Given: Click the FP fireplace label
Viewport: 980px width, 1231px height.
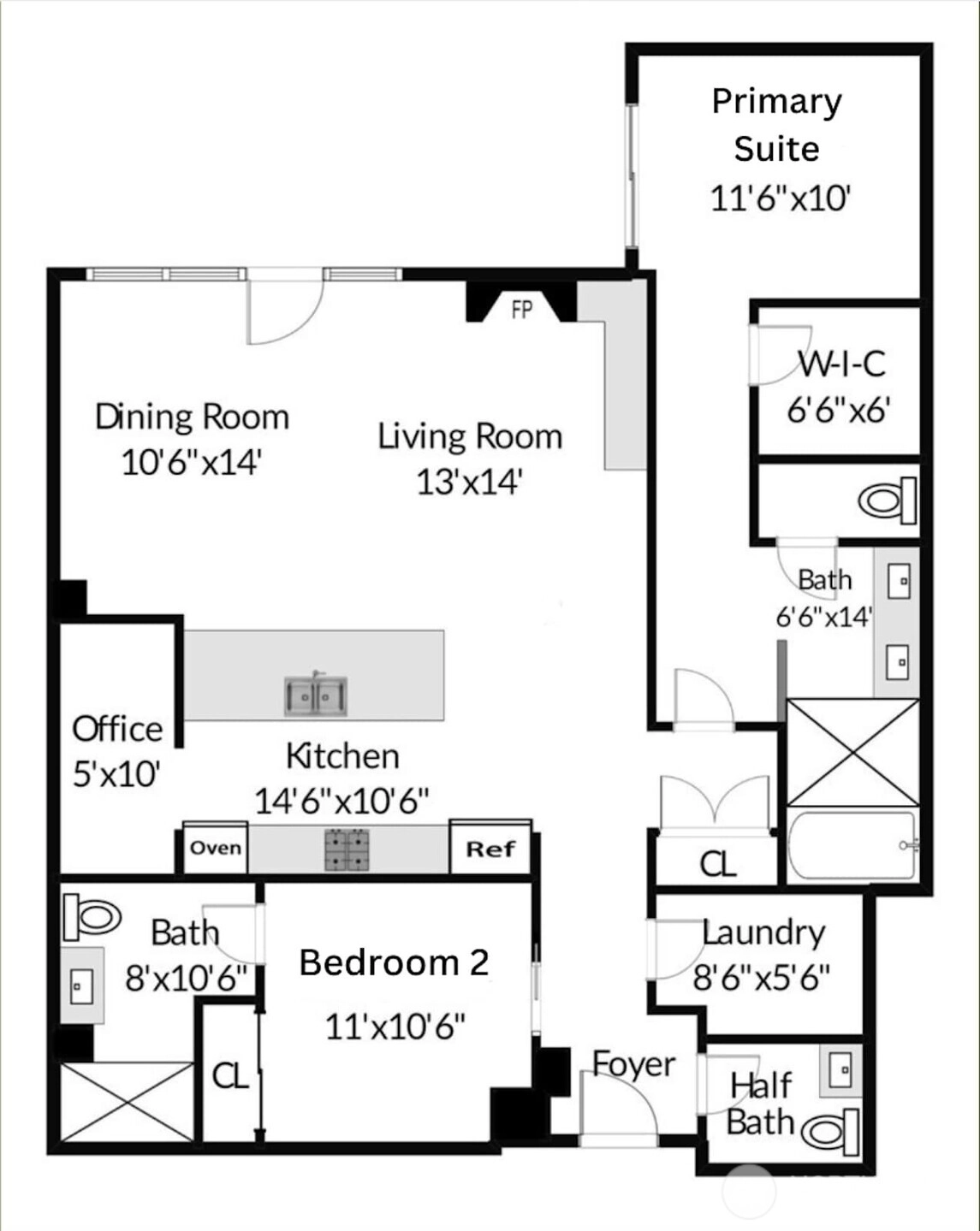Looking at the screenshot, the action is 521,310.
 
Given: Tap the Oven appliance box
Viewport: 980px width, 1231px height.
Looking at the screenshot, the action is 215,847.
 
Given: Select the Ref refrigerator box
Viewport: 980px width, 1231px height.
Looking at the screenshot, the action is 490,847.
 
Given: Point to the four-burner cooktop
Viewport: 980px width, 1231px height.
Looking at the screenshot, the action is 347,849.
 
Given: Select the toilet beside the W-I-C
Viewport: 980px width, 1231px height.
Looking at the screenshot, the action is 887,500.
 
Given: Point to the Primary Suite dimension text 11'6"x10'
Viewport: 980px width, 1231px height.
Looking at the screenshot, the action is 781,199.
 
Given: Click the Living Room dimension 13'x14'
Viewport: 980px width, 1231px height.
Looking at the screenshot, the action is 469,482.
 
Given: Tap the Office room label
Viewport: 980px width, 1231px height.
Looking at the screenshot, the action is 117,730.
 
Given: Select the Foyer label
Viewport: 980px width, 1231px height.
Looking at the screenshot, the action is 633,1064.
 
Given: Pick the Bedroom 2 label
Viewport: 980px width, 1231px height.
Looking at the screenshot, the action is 394,962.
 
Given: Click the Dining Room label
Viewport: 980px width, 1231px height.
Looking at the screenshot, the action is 192,417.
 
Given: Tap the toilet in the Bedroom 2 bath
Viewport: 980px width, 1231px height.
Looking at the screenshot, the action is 92,918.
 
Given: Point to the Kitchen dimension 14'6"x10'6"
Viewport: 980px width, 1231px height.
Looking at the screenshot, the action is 342,801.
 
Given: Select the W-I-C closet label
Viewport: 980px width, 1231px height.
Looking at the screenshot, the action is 842,363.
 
